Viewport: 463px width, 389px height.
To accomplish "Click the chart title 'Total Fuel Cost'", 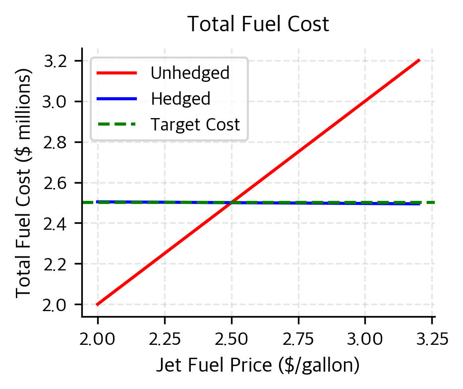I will point(258,24).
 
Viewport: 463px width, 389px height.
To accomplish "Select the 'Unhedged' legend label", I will point(190,73).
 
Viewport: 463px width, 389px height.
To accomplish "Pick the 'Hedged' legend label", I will point(180,99).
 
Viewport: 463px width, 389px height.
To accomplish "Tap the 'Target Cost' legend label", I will point(195,125).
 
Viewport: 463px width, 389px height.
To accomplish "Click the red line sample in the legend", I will point(116,73).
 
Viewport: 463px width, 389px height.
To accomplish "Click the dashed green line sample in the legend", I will point(116,125).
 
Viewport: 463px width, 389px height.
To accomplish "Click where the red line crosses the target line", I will point(231,202).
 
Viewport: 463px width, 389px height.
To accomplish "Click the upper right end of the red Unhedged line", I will point(419,60).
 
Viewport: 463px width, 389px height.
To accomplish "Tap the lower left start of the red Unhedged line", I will point(98,304).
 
